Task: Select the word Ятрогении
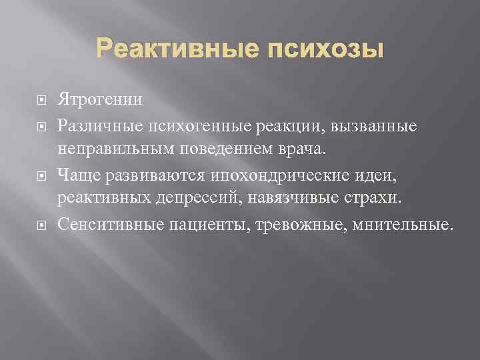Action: point(100,100)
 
